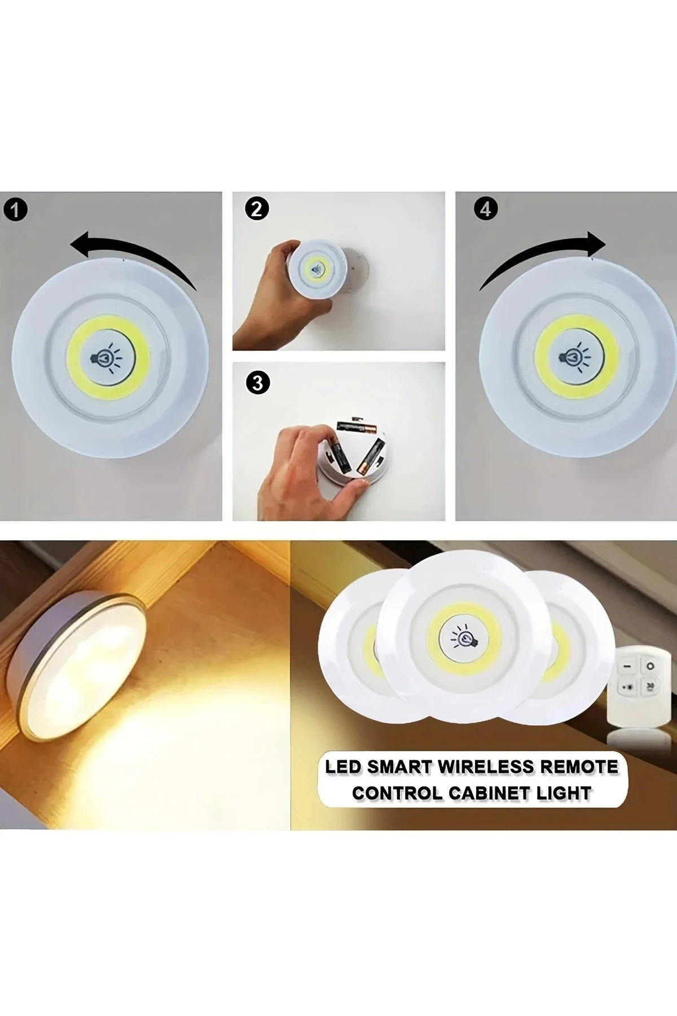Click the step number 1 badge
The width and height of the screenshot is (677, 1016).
point(15,209)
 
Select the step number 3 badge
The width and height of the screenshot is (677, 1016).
point(257,383)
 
